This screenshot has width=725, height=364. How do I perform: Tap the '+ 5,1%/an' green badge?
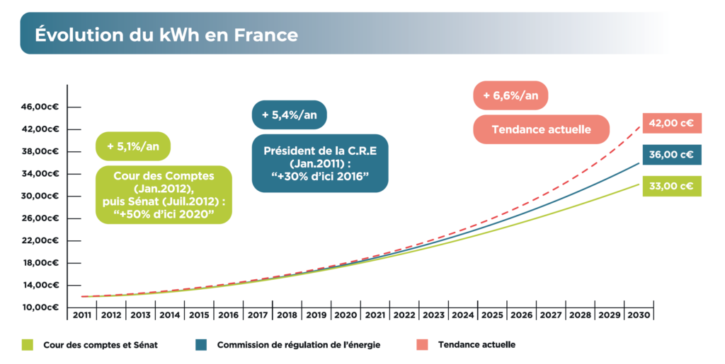pyautogui.click(x=133, y=146)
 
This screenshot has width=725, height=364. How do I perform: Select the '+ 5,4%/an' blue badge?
pyautogui.click(x=289, y=115)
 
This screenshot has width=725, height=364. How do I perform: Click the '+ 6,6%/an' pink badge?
pyautogui.click(x=510, y=95)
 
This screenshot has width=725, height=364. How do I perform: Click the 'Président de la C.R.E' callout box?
pyautogui.click(x=320, y=163)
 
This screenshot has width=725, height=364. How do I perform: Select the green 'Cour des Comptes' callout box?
pyautogui.click(x=164, y=194)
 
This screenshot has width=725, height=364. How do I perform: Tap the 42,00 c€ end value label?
pyautogui.click(x=671, y=123)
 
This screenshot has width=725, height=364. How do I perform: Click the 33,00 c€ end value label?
pyautogui.click(x=671, y=187)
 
